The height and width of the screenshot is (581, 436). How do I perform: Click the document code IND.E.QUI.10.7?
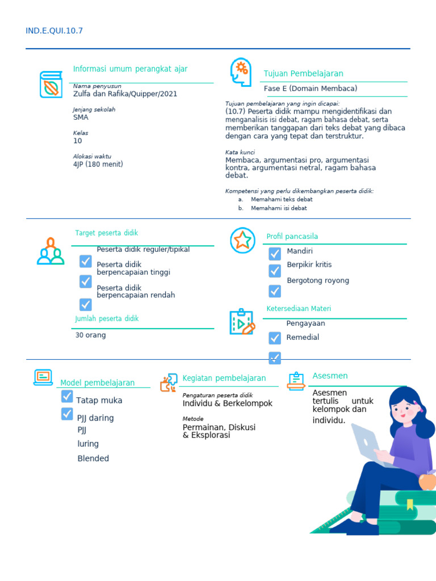click(x=54, y=31)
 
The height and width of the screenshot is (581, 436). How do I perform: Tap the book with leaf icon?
click(x=51, y=85)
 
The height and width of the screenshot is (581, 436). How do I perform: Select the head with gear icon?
click(x=241, y=72)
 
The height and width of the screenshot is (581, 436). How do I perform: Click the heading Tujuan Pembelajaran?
click(x=303, y=73)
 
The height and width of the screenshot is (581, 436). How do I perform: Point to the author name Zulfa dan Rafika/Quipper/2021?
click(x=125, y=94)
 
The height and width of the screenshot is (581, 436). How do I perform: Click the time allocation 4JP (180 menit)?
click(x=98, y=164)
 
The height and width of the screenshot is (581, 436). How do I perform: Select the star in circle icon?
click(x=242, y=240)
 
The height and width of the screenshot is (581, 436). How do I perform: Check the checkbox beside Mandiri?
click(x=275, y=254)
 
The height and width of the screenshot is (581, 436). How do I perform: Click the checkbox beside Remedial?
click(x=275, y=338)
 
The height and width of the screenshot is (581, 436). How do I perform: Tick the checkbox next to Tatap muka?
click(x=67, y=396)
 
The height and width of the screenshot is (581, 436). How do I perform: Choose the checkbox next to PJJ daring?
click(x=67, y=414)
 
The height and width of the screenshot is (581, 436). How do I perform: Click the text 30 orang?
click(x=90, y=335)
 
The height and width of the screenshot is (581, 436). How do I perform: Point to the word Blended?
click(x=93, y=458)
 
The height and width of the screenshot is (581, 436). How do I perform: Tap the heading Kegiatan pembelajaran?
click(x=224, y=378)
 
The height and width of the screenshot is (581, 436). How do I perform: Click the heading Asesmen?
click(x=330, y=376)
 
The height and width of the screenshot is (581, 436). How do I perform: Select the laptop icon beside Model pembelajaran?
click(x=43, y=377)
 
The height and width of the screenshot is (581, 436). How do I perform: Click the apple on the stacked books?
click(x=427, y=481)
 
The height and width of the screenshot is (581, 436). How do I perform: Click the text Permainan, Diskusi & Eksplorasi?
click(x=219, y=431)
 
